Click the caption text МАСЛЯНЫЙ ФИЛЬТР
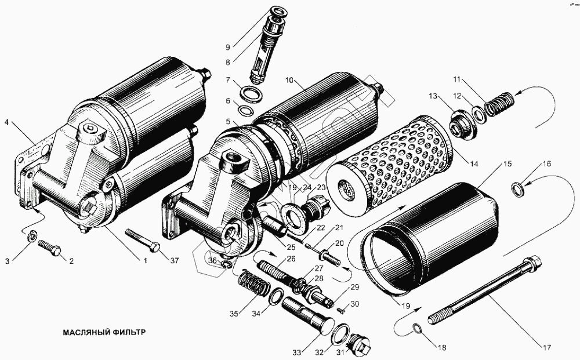pyautogui.click(x=102, y=333)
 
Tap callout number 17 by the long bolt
pyautogui.click(x=546, y=347)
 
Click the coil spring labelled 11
pyautogui.click(x=498, y=105)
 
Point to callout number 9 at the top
pyautogui.click(x=227, y=46)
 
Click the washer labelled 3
pyautogui.click(x=32, y=236)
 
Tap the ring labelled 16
pyautogui.click(x=518, y=188)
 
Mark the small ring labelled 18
pyautogui.click(x=417, y=329)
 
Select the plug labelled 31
pyautogui.click(x=361, y=346)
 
